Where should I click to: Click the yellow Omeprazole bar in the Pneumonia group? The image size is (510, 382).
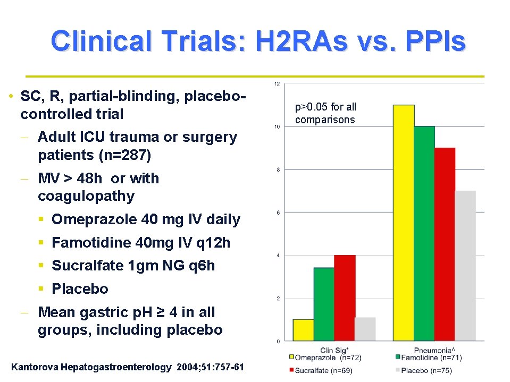tap(404, 223)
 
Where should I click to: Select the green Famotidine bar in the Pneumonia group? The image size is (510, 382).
tap(424, 234)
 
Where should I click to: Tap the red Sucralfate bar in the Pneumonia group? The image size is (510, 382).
tap(445, 244)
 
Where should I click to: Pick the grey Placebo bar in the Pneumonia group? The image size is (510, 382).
tap(465, 266)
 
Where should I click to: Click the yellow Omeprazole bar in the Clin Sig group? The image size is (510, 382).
tap(303, 330)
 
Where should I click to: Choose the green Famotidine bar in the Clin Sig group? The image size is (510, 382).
tap(324, 304)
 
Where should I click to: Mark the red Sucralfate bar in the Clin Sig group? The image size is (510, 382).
tap(345, 298)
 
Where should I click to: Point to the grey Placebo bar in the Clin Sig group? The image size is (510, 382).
tap(365, 329)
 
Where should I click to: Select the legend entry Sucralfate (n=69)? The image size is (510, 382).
tap(322, 370)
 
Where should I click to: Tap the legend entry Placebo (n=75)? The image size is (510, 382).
tap(425, 370)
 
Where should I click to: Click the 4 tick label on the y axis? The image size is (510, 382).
tap(277, 256)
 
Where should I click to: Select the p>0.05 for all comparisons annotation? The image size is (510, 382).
tap(325, 113)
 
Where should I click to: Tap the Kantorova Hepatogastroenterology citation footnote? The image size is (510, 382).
tap(128, 367)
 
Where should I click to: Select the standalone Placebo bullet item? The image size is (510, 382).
tap(80, 289)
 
